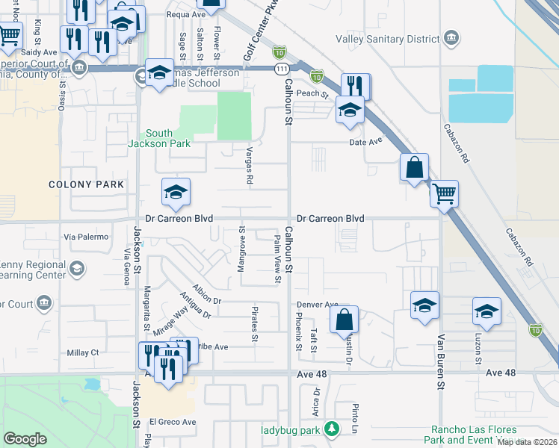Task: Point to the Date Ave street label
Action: tap(365, 141)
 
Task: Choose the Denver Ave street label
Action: tap(318, 305)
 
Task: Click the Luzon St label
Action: tap(478, 350)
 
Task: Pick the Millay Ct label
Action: tap(82, 352)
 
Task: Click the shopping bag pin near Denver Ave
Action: tap(344, 320)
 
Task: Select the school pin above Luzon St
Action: tap(487, 311)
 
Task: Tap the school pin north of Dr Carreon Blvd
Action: tap(176, 193)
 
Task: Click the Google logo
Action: tap(25, 439)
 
